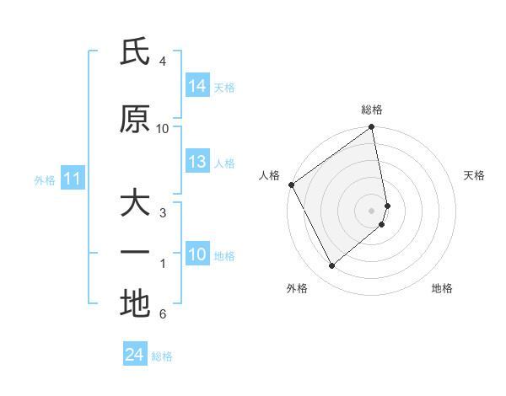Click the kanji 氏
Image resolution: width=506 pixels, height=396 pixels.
pos(135,53)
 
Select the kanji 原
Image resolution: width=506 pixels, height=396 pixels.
pos(135,120)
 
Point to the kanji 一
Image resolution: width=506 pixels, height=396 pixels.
pos(135,253)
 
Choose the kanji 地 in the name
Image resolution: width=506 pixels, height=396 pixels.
pos(135,303)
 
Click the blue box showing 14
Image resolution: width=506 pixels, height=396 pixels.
pos(197,86)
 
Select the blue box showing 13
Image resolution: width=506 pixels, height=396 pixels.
pos(197,162)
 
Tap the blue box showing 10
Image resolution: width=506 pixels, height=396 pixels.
pos(197,254)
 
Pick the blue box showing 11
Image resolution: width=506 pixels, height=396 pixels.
pos(73,179)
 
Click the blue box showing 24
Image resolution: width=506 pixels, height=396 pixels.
pos(135,355)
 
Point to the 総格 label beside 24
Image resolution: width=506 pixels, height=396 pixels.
pos(162,356)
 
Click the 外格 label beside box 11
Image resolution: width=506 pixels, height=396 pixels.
pos(45,179)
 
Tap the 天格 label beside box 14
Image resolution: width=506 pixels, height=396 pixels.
pos(224,87)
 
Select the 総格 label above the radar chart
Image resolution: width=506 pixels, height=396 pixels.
pos(372,110)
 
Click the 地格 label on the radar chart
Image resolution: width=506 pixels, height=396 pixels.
pos(442,288)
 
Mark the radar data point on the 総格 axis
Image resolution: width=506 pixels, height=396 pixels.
pos(372,128)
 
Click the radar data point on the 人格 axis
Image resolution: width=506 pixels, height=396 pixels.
pos(291,185)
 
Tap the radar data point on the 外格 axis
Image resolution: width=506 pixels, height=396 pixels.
pos(331,265)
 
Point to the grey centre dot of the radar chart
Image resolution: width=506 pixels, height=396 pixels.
pos(372,210)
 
